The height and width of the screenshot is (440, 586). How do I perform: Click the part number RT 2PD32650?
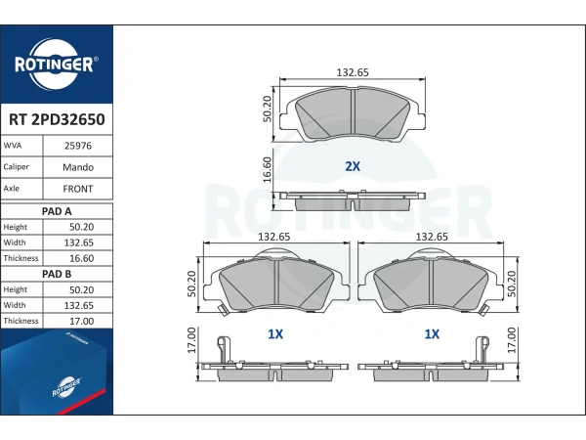57,119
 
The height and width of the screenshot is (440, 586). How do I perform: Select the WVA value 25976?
78,146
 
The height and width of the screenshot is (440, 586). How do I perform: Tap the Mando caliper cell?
78,167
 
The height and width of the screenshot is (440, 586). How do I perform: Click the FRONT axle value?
78,189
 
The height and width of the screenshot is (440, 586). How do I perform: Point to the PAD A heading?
57,211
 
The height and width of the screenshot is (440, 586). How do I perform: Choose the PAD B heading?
57,274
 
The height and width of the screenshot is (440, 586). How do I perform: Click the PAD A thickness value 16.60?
81,258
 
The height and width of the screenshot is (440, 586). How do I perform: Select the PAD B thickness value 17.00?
81,321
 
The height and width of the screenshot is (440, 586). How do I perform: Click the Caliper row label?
16,167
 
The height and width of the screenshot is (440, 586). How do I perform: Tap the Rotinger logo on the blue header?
56,64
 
